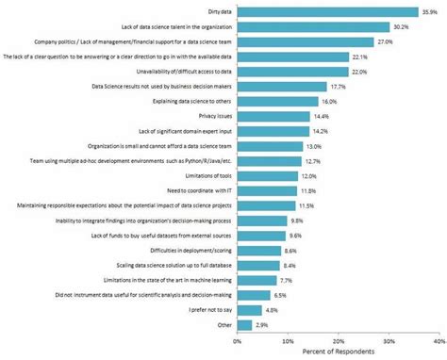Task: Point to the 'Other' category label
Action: click(223, 324)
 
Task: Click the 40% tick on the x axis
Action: click(439, 340)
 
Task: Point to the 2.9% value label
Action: click(262, 324)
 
